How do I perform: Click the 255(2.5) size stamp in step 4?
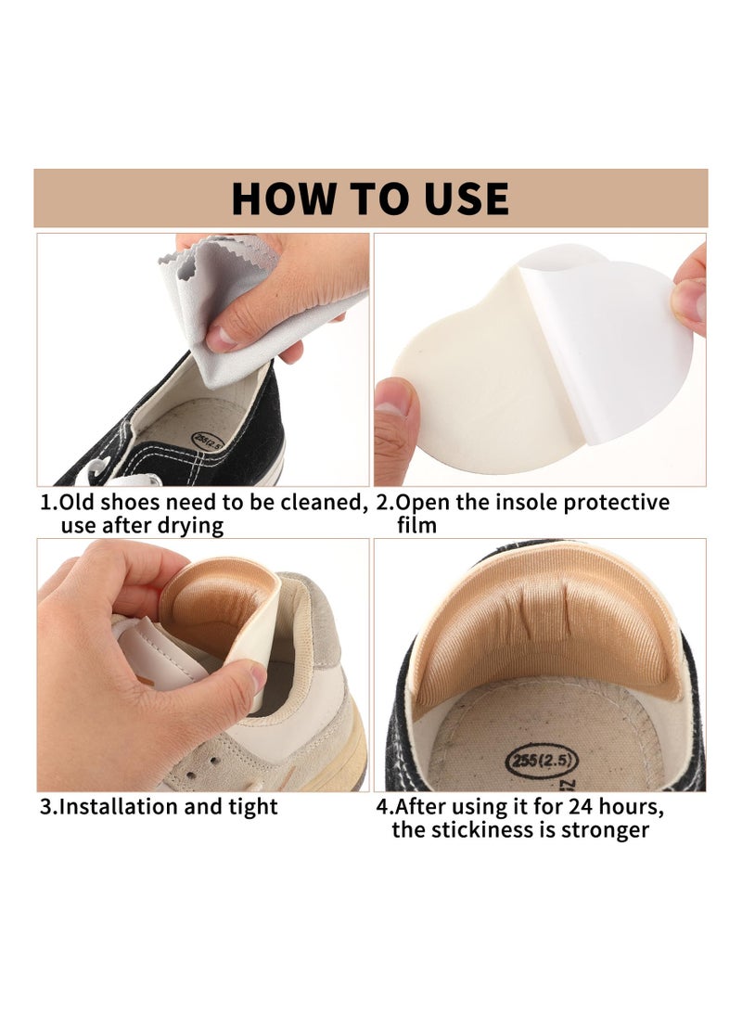coord(542,762)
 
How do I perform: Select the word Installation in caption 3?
coord(118,806)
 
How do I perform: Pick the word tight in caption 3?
coord(252,806)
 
